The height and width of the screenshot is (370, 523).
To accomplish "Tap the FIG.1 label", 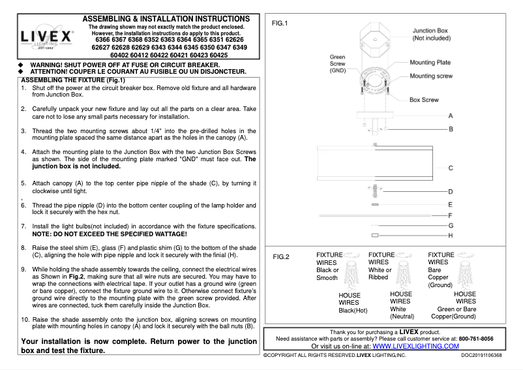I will click(x=280, y=23).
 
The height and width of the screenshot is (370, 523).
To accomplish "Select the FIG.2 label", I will click(x=280, y=256).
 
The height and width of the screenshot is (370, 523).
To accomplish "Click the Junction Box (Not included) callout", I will click(x=430, y=35).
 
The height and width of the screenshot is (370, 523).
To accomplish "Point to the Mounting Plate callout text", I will click(x=430, y=63).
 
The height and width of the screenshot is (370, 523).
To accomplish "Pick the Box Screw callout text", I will click(x=425, y=100).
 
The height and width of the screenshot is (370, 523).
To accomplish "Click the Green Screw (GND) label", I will click(x=337, y=64).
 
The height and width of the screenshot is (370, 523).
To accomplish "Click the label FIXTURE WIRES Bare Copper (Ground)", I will click(x=441, y=270).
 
